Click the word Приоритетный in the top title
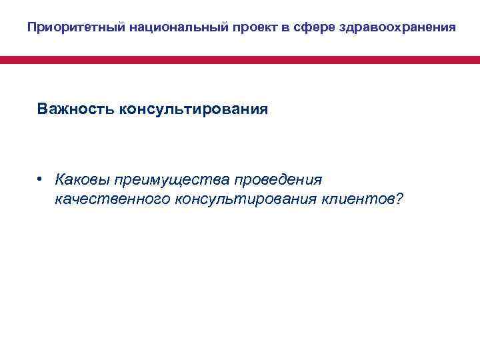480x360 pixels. pyautogui.click(x=66, y=28)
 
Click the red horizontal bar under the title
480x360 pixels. pyautogui.click(x=240, y=60)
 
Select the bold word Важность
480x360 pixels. pyautogui.click(x=75, y=108)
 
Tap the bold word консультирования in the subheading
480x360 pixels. pyautogui.click(x=193, y=108)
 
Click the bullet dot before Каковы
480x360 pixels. pyautogui.click(x=41, y=179)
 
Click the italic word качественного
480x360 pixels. pyautogui.click(x=113, y=199)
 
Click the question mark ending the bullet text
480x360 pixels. pyautogui.click(x=400, y=199)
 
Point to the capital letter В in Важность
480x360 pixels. pyautogui.click(x=43, y=108)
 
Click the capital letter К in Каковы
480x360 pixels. pyautogui.click(x=61, y=180)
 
